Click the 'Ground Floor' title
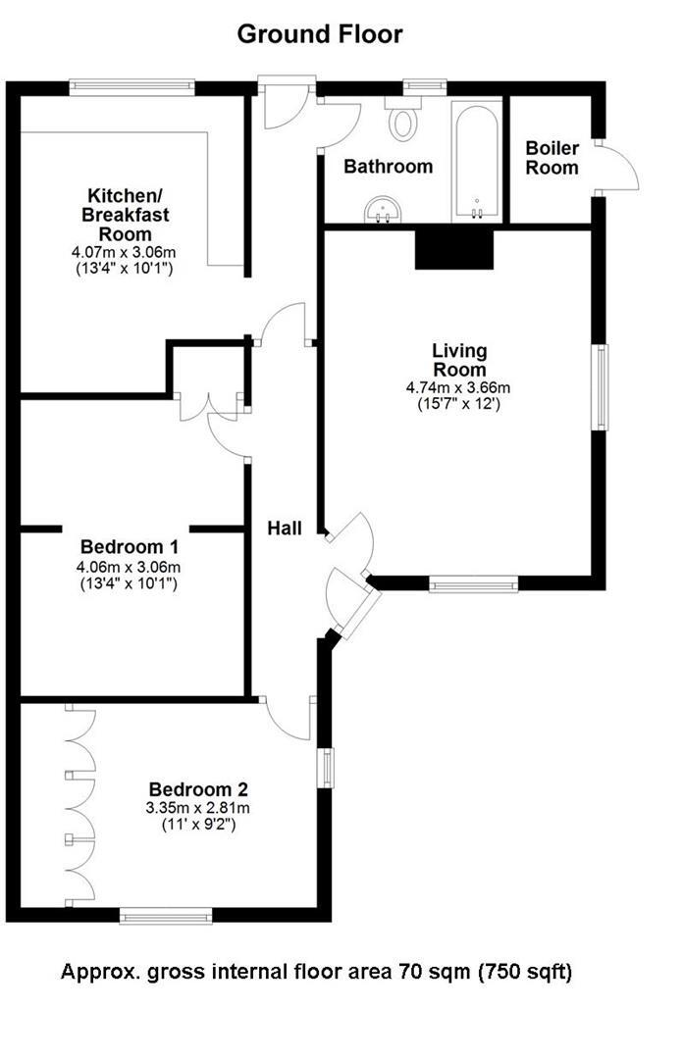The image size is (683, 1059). tap(320, 34)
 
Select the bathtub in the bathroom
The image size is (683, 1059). tap(477, 162)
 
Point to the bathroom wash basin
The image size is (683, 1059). tap(383, 209)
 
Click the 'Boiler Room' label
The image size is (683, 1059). tap(552, 158)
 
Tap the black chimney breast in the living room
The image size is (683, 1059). tap(453, 248)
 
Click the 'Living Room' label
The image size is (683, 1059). tap(459, 360)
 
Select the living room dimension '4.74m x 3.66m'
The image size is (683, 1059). tap(458, 387)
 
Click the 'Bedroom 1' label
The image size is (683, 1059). tap(122, 546)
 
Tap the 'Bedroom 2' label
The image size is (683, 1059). tap(198, 789)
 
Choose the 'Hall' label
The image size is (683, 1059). tap(286, 528)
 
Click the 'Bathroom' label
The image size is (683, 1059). tap(388, 167)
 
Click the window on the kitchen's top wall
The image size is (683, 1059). tap(131, 87)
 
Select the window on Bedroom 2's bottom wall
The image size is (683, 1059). tap(165, 916)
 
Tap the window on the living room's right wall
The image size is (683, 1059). tap(599, 386)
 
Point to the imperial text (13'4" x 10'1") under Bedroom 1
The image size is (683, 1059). tap(122, 584)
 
